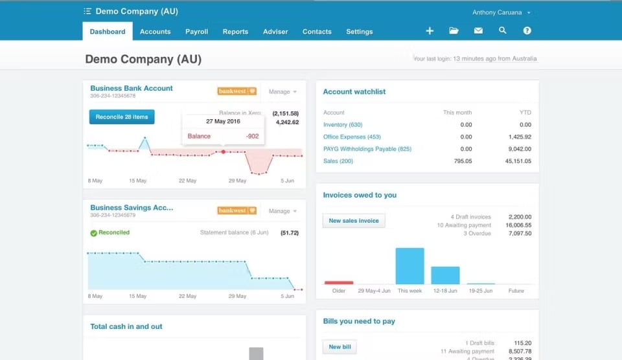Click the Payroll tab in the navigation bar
196,32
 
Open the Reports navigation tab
235,32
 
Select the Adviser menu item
275,32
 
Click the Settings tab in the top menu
359,32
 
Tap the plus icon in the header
430,31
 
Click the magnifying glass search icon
503,31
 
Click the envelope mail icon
478,31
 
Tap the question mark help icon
527,31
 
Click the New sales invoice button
354,221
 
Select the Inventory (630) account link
343,125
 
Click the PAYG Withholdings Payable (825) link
367,149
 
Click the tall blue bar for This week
409,265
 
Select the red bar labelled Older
339,282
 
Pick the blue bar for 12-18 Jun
445,275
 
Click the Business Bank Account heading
132,89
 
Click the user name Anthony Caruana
498,12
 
